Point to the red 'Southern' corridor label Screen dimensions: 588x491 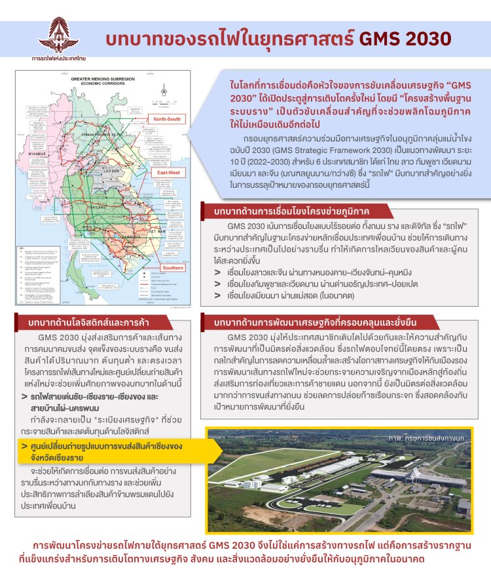[x=172, y=268]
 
